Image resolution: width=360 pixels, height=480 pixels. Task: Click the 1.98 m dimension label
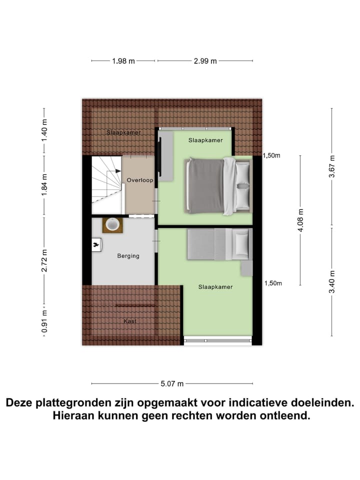pyautogui.click(x=123, y=61)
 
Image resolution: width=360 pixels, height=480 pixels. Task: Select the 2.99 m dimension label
pyautogui.click(x=205, y=61)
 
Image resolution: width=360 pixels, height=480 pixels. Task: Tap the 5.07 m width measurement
pyautogui.click(x=171, y=384)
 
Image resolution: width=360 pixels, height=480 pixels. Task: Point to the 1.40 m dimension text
pyautogui.click(x=44, y=130)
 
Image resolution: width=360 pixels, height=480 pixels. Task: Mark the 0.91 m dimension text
pyautogui.click(x=44, y=322)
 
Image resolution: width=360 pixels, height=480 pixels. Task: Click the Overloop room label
pyautogui.click(x=139, y=180)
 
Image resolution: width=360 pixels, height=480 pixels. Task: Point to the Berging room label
pyautogui.click(x=128, y=256)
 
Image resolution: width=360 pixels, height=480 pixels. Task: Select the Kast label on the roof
pyautogui.click(x=130, y=321)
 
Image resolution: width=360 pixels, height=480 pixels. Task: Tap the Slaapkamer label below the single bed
pyautogui.click(x=215, y=287)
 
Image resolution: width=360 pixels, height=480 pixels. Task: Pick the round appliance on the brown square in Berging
pyautogui.click(x=112, y=225)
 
